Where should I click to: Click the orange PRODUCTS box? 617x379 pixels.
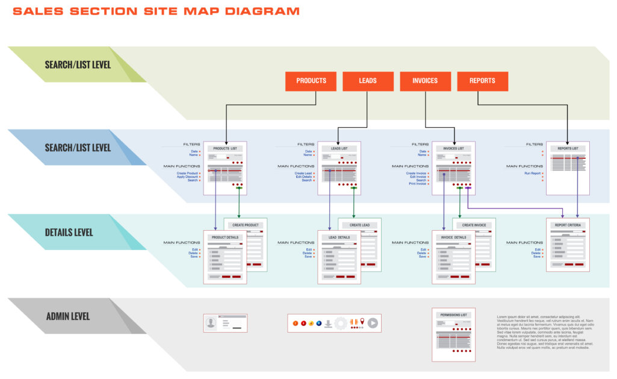click(311, 81)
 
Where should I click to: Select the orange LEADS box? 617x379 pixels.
click(368, 81)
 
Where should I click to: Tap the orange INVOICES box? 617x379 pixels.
click(425, 81)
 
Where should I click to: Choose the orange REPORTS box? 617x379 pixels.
click(482, 81)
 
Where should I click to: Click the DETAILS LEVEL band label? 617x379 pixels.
click(69, 232)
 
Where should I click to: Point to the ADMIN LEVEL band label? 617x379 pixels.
click(68, 316)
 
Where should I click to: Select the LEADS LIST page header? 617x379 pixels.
click(340, 148)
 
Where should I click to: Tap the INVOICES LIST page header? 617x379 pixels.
click(453, 148)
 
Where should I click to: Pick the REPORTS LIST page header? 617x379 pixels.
click(568, 148)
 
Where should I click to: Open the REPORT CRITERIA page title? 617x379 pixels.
click(568, 225)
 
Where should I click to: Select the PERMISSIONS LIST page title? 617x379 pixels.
click(453, 315)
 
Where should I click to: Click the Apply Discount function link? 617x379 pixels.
click(187, 177)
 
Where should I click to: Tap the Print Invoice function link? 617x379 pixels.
click(417, 184)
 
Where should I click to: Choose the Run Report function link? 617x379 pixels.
click(533, 173)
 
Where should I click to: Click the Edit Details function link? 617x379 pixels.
click(303, 177)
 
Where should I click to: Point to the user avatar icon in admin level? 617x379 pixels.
click(211, 323)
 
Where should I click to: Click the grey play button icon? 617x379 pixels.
click(373, 323)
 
